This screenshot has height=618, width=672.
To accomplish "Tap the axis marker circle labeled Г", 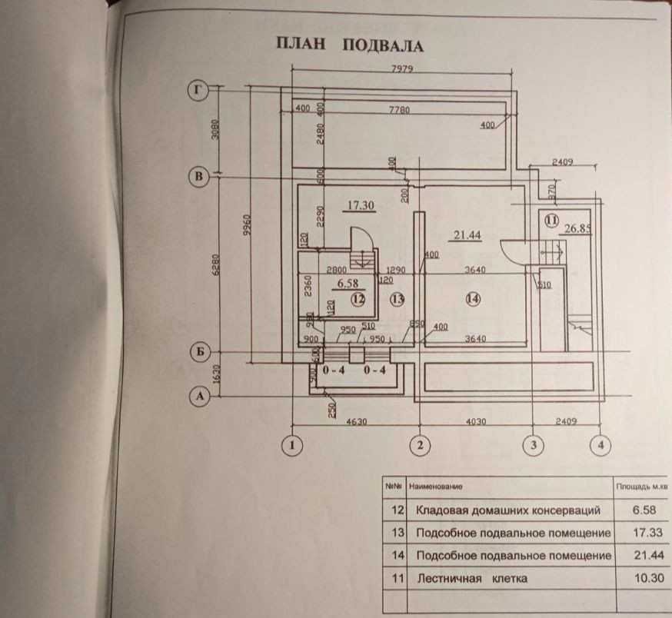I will pos(199,91).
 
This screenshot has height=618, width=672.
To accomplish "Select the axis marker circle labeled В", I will pos(199,177).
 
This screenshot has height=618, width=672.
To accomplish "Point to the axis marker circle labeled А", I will pos(199,397).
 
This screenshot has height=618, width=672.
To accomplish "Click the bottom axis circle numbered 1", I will pos(291,444).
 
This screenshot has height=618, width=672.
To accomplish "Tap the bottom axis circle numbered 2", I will pos(420,444).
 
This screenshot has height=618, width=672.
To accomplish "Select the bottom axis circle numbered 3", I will pos(532,444).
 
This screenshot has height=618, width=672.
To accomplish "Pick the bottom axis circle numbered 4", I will pos(599,444).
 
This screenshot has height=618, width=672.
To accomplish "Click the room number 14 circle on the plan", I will pos(472,299).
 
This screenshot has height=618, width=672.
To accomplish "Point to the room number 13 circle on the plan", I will pos(396,299).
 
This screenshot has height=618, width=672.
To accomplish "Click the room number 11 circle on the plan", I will pos(551,220).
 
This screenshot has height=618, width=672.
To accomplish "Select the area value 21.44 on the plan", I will pos(466,235).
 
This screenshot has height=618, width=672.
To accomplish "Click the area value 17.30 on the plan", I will pos(360,206).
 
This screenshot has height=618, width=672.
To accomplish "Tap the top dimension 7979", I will pos(403,70).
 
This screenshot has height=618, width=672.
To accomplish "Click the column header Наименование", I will pos(436,487).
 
